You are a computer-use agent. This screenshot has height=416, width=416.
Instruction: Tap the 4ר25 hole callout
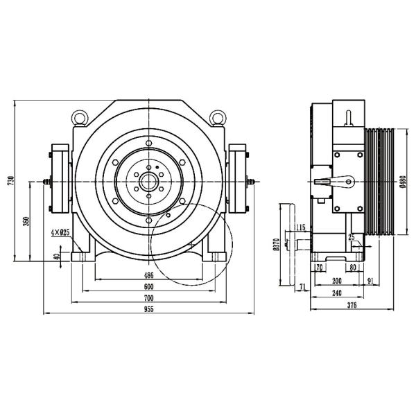[60, 232]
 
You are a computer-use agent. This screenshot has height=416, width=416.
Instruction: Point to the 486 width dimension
[149, 275]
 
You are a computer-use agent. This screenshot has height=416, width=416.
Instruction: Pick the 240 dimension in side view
[336, 293]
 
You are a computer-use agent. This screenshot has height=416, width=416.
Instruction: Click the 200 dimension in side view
[336, 281]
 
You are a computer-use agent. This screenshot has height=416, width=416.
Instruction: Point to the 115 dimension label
[300, 227]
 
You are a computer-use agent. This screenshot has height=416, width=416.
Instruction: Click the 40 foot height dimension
[58, 256]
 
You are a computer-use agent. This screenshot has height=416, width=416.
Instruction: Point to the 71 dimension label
[302, 286]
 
